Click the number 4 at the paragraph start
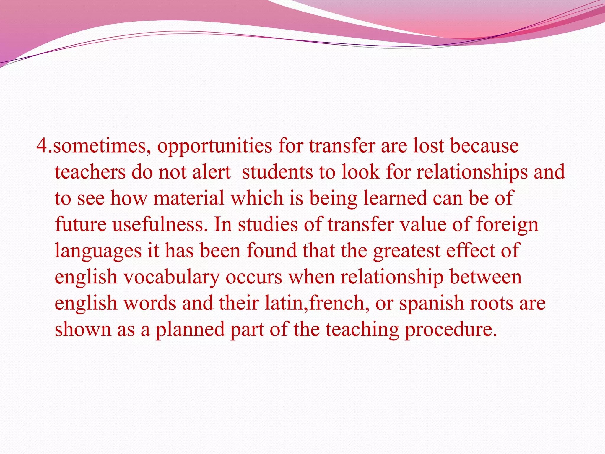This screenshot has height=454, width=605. click(x=42, y=146)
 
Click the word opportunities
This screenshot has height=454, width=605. click(x=214, y=146)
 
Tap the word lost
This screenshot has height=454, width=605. click(x=428, y=146)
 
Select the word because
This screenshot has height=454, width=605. click(x=484, y=146)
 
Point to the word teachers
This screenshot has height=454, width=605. click(x=90, y=172)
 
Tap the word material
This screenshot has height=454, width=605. click(x=189, y=198)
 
